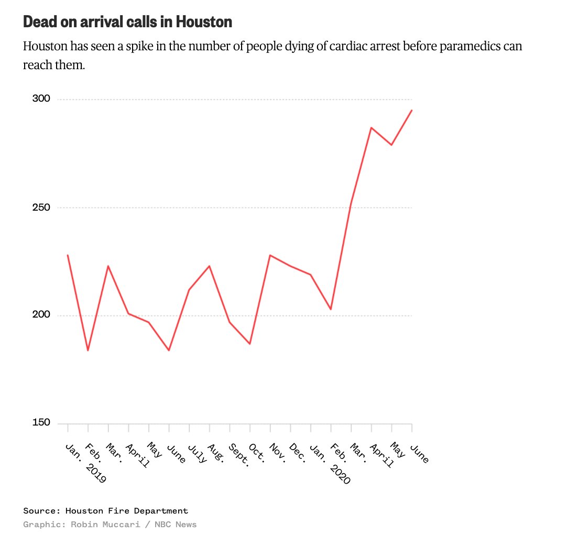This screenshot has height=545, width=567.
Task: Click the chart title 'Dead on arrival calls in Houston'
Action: pos(127,22)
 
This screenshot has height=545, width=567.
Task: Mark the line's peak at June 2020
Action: pos(411,111)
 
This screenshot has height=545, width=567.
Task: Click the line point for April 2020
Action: pos(371,128)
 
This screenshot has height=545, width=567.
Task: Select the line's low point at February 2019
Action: pos(88,350)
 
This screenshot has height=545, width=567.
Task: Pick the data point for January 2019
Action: pos(68,255)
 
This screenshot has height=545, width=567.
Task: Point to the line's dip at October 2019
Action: pos(250,344)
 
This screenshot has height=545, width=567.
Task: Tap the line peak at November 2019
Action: pos(270,255)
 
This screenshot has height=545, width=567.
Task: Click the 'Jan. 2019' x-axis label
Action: pos(84,461)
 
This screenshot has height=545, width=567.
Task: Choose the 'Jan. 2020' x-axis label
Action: pos(327,461)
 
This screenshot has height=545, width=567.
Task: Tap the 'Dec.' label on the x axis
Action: pos(298,453)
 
